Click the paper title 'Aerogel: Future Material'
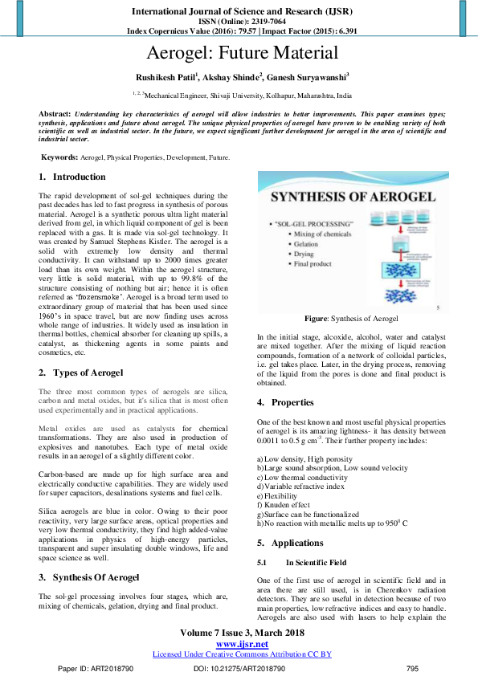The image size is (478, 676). point(243,55)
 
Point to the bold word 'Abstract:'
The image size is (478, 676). point(55,115)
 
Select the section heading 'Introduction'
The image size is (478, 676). point(79,177)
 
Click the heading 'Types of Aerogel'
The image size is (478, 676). point(88,373)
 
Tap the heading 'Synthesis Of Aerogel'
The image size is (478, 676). point(96,577)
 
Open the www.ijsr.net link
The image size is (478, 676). point(243,645)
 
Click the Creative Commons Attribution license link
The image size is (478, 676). point(243,654)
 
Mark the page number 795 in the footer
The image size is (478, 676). point(413,668)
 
